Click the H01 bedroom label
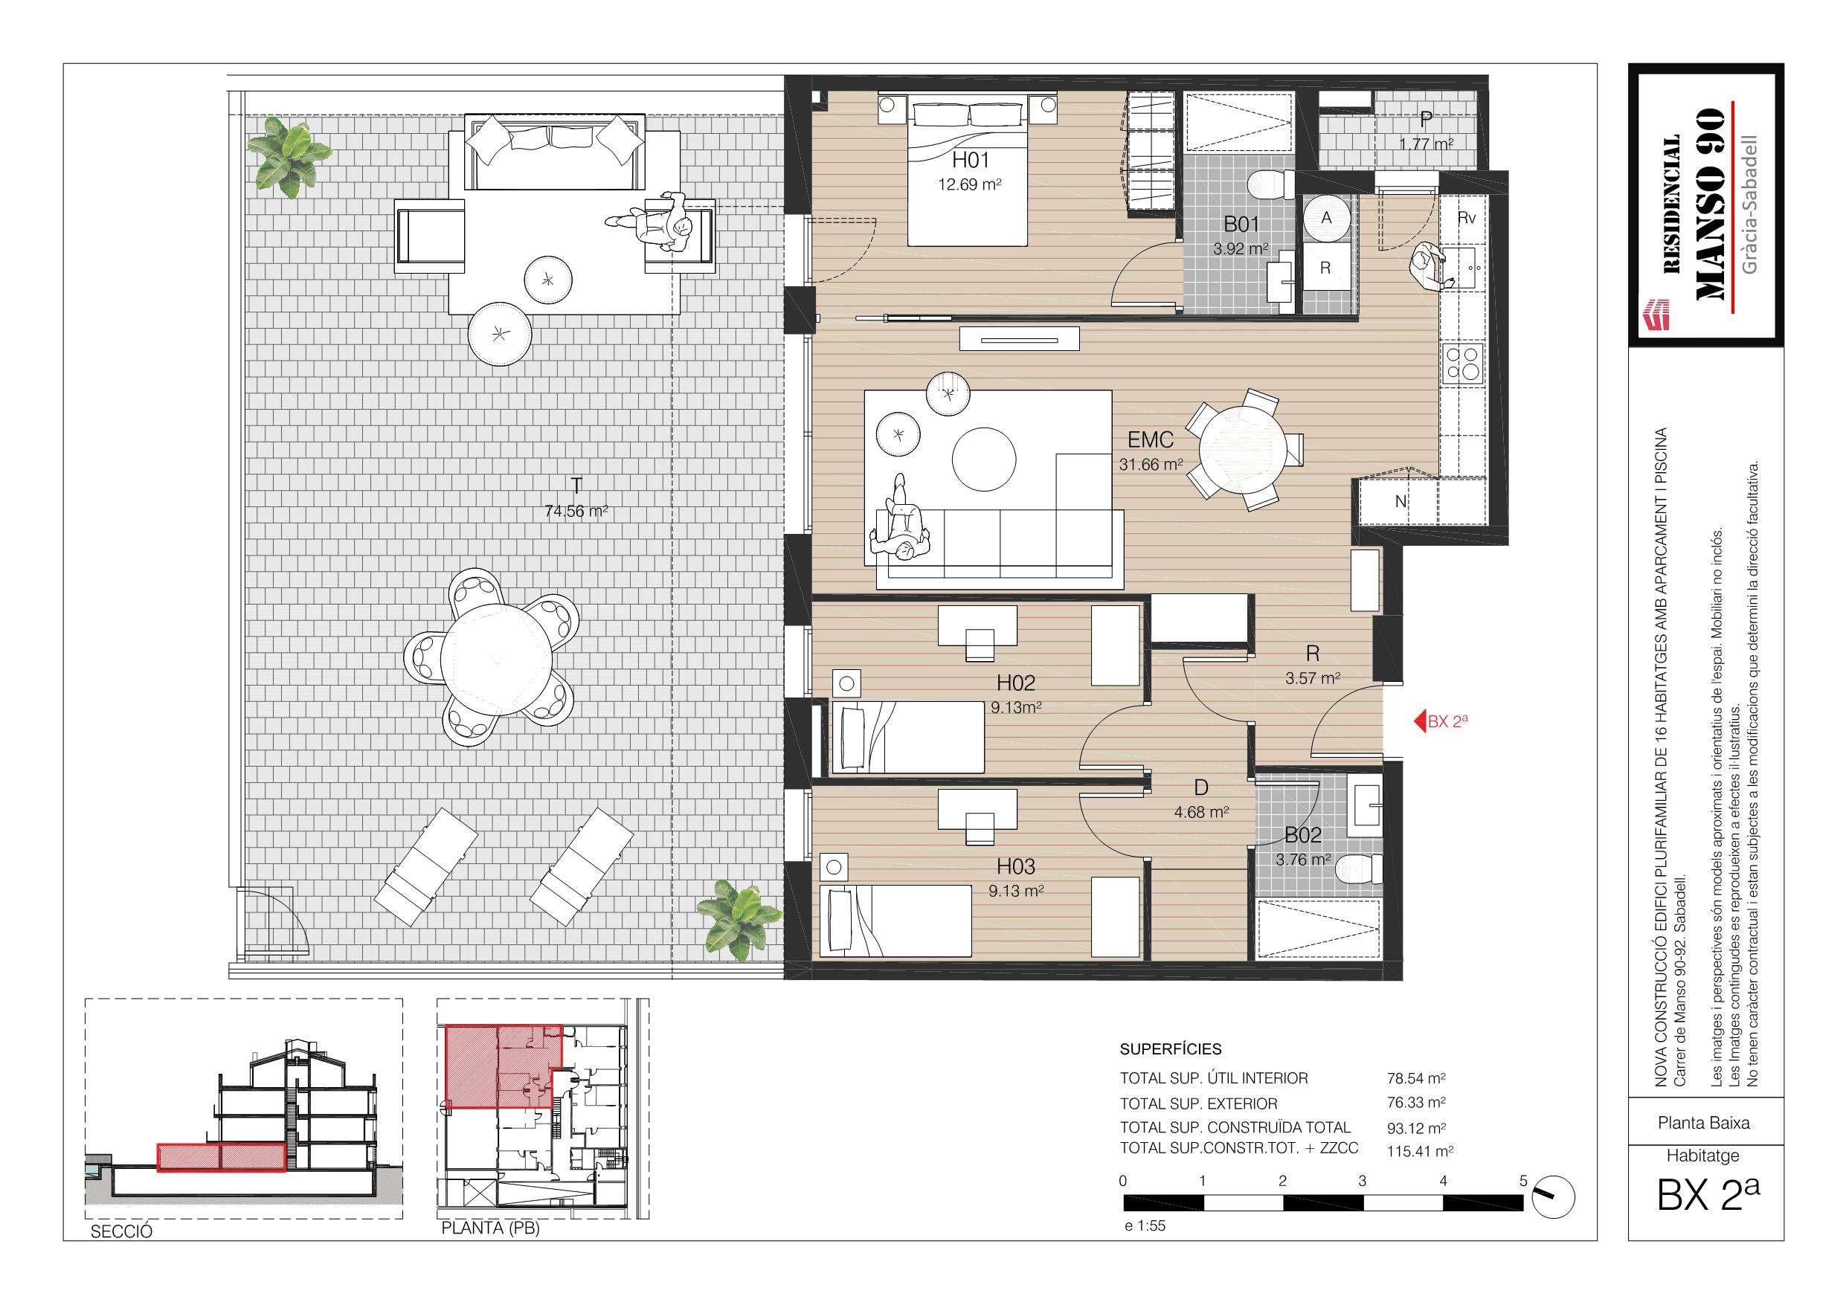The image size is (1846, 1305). coord(970,160)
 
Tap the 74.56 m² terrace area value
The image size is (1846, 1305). coord(576,511)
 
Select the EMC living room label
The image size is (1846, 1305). coord(1151,439)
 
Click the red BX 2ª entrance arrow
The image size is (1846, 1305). coord(1420,721)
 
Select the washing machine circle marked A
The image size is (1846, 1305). coord(1326,217)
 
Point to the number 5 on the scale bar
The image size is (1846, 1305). coord(1522,1181)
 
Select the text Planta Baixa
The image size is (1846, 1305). coord(1704,1123)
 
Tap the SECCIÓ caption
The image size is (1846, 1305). coord(121,1232)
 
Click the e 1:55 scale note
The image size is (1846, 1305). coord(1144,1226)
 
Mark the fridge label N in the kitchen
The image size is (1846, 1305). coord(1400,501)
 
